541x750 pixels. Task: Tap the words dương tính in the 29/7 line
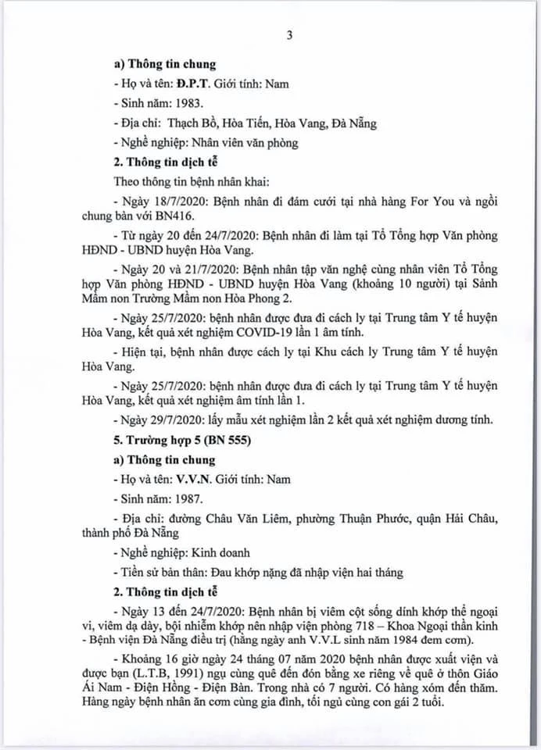[x=464, y=420]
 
